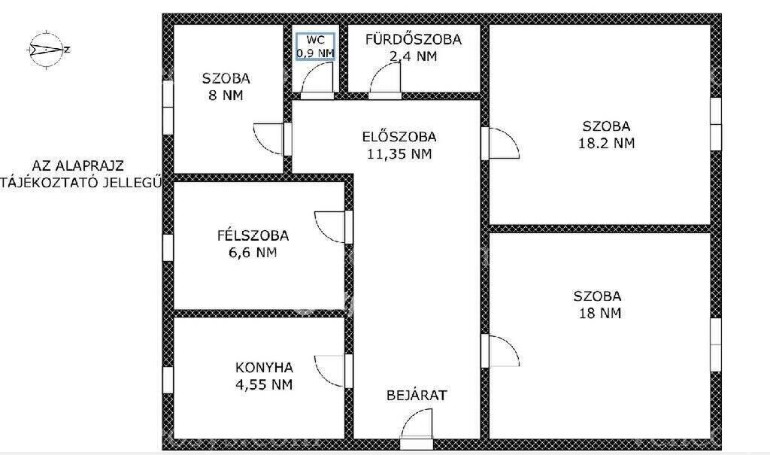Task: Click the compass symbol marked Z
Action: pyautogui.click(x=47, y=49)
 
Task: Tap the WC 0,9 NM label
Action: pyautogui.click(x=315, y=47)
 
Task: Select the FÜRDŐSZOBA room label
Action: pyautogui.click(x=414, y=39)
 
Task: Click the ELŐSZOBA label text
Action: pyautogui.click(x=399, y=137)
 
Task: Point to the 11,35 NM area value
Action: pyautogui.click(x=399, y=153)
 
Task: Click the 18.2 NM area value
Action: pyautogui.click(x=607, y=143)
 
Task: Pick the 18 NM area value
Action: pyautogui.click(x=600, y=313)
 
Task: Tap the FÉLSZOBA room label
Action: pyautogui.click(x=253, y=235)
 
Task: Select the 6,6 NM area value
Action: pyautogui.click(x=253, y=253)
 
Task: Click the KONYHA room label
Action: pyautogui.click(x=264, y=367)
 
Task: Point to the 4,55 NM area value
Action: pyautogui.click(x=264, y=384)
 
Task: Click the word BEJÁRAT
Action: pyautogui.click(x=417, y=395)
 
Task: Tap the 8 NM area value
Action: pyautogui.click(x=226, y=96)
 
